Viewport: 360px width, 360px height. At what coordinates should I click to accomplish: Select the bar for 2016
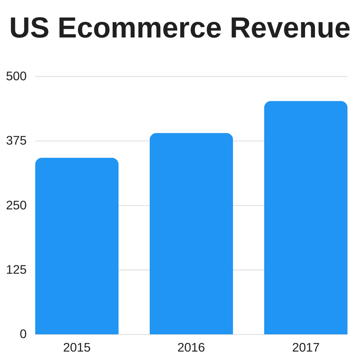(191, 234)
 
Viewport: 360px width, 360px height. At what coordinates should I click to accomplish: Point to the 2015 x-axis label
(76, 347)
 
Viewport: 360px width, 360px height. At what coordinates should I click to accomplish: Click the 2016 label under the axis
(191, 347)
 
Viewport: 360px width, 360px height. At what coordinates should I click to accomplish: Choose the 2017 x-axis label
(306, 347)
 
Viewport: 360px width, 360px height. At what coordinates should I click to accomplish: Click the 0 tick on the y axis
(22, 334)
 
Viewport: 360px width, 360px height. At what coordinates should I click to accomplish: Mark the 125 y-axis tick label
(17, 270)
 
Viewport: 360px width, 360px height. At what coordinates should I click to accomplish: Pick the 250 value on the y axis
(17, 205)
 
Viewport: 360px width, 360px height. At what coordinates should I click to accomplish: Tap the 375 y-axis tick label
(17, 141)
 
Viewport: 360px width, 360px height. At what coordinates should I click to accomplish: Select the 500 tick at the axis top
(17, 76)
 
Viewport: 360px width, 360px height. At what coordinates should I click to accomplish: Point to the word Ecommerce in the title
(139, 28)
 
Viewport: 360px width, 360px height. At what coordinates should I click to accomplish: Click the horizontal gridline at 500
(189, 76)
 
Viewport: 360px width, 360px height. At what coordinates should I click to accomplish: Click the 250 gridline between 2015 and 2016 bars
(134, 205)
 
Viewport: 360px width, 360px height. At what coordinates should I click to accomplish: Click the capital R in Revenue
(241, 28)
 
